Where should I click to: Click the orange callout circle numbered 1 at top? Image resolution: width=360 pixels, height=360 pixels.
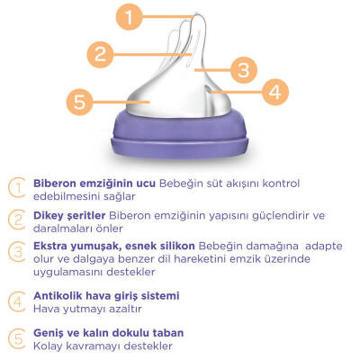coord(132,15)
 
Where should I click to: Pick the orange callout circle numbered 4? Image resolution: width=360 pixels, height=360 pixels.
coord(274,90)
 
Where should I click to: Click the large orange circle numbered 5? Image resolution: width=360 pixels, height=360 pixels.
coord(80,102)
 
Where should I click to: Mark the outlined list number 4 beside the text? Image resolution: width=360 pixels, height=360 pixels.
coord(18,301)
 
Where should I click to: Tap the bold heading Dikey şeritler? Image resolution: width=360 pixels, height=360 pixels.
coord(69,215)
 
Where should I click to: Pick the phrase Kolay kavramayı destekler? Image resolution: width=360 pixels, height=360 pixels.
coord(101,346)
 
